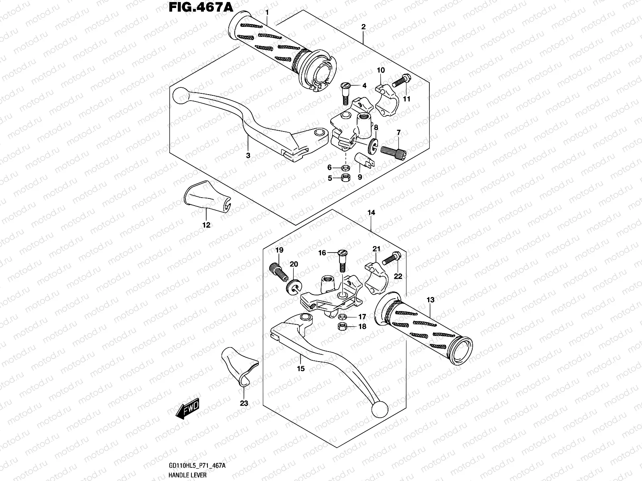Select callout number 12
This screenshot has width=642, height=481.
click(x=206, y=225)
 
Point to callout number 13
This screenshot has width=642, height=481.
click(x=430, y=300)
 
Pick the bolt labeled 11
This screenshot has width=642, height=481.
click(x=399, y=82)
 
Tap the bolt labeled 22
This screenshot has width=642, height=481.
click(x=390, y=259)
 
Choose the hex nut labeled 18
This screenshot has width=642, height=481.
click(x=343, y=326)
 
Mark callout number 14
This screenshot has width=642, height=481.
click(x=371, y=213)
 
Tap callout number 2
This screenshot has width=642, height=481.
click(x=363, y=27)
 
